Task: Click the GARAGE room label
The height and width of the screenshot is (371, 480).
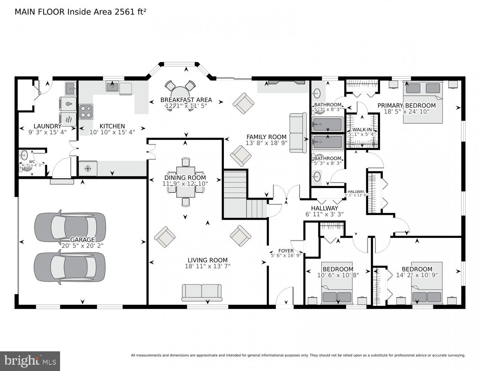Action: click(83, 240)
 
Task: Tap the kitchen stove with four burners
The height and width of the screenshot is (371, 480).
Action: click(86, 112)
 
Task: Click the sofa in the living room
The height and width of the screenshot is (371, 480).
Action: click(202, 292)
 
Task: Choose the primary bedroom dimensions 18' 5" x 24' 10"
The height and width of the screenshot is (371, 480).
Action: click(406, 111)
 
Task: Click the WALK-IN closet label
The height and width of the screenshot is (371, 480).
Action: click(362, 129)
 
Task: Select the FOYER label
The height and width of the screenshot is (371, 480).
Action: click(286, 251)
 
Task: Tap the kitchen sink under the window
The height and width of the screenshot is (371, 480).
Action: click(112, 87)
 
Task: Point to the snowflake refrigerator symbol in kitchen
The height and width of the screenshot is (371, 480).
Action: click(88, 168)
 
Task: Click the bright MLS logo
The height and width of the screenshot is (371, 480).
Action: click(30, 361)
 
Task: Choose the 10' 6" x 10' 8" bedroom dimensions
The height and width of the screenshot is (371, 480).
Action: click(337, 275)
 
